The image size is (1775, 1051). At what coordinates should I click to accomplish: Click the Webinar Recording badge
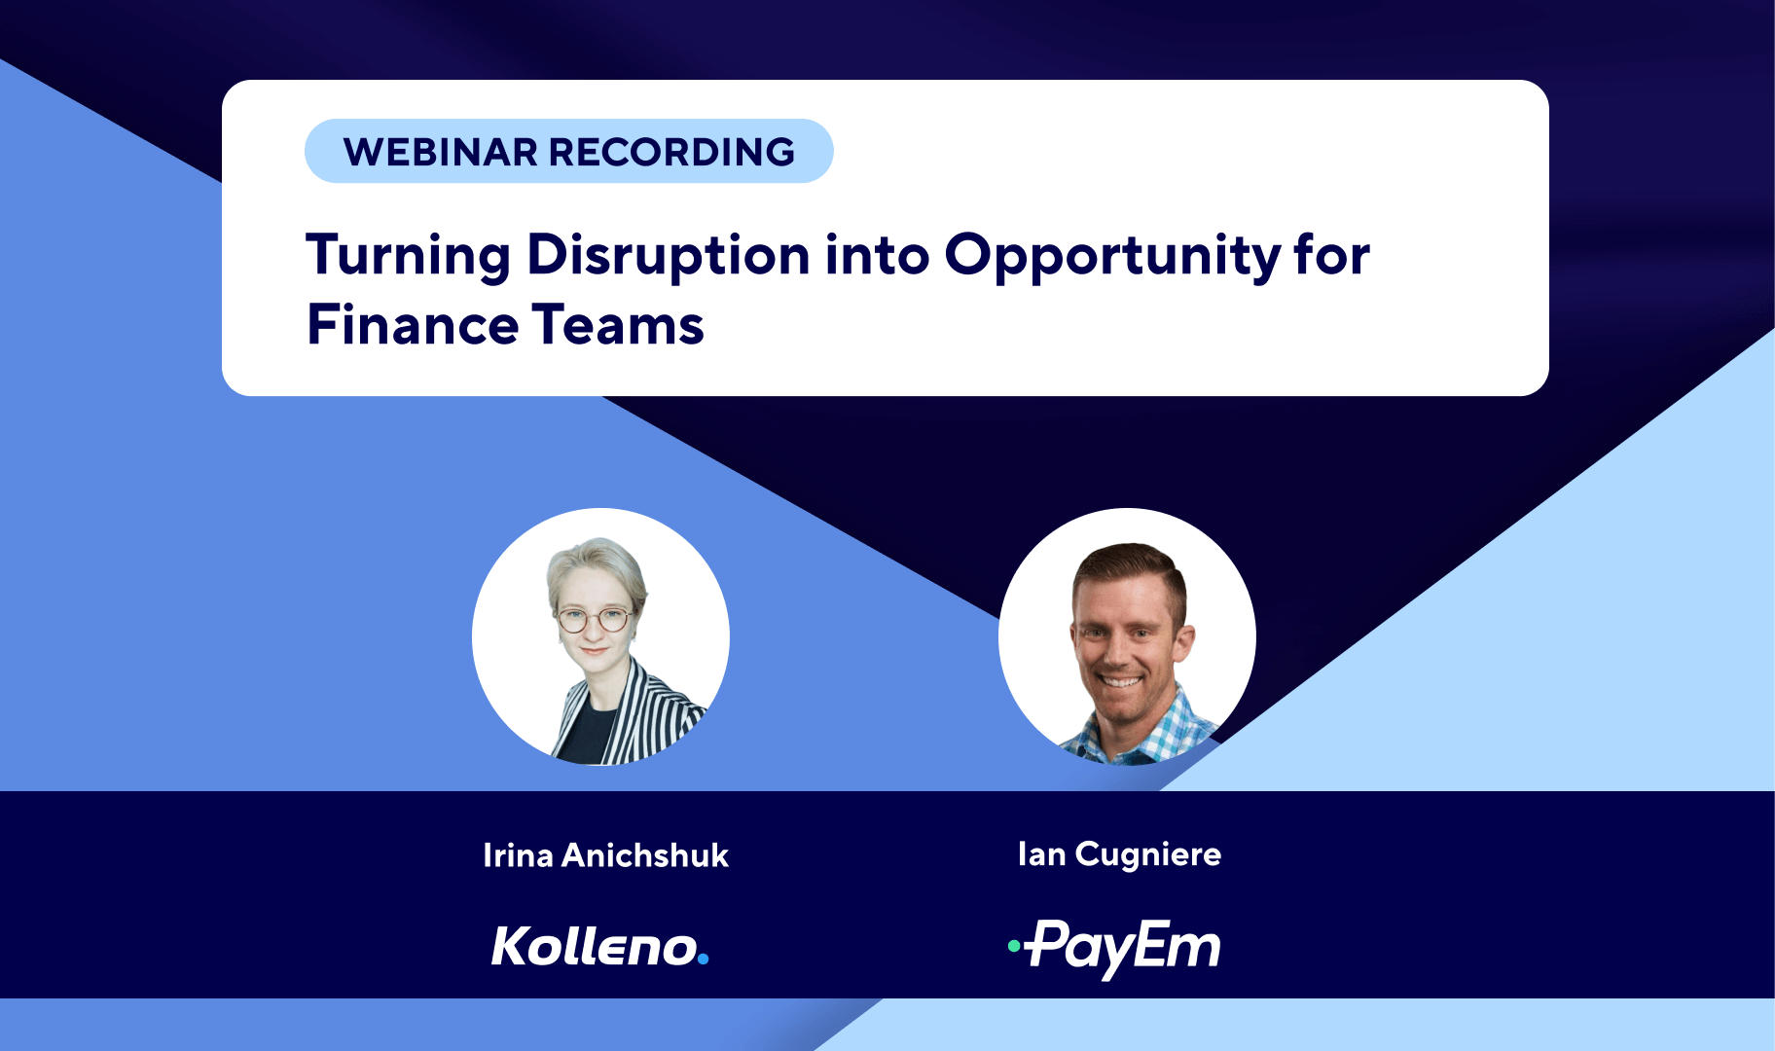[569, 151]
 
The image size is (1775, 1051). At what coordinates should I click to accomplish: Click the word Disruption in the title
[669, 255]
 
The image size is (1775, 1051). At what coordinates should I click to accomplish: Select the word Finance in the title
[410, 325]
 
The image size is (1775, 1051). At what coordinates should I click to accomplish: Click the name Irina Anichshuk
[605, 855]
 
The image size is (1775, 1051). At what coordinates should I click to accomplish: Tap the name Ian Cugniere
[1119, 854]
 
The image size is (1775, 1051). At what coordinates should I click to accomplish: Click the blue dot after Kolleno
[704, 960]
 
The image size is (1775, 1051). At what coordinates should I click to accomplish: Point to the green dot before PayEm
[1014, 945]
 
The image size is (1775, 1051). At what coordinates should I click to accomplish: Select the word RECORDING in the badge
[671, 152]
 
